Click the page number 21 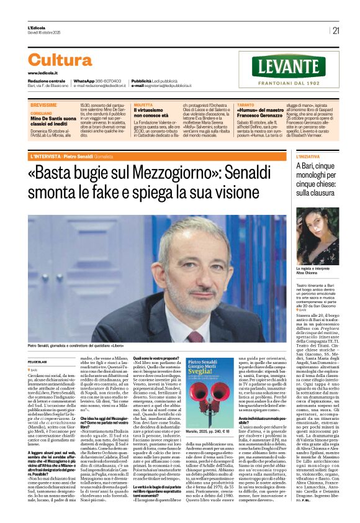[336, 30]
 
